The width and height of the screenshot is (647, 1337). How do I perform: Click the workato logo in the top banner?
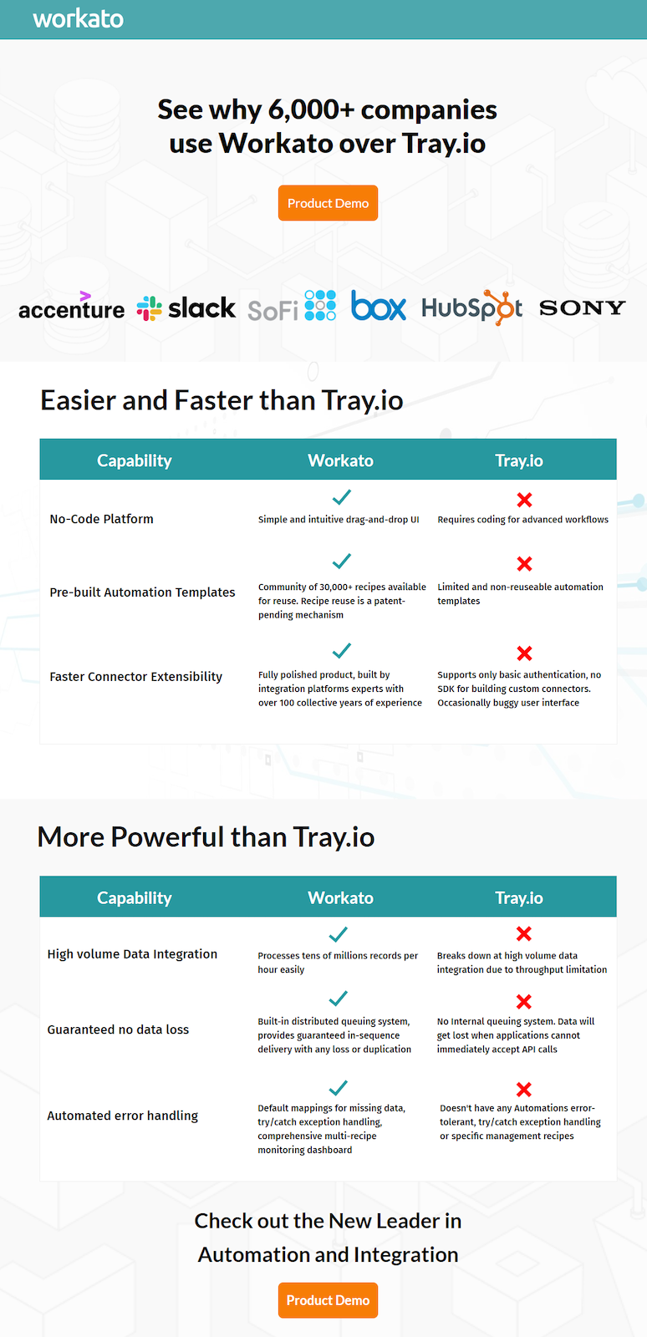tap(79, 19)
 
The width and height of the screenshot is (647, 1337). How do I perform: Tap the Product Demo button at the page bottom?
tap(328, 1300)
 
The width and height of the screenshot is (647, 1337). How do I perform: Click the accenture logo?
tap(72, 306)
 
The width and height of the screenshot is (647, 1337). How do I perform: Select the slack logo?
tap(186, 308)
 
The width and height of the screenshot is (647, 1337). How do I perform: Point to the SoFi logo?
tap(292, 306)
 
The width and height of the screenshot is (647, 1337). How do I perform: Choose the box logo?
tap(379, 305)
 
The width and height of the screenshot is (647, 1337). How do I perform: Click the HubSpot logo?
tap(471, 308)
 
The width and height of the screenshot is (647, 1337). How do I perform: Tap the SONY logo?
tap(582, 308)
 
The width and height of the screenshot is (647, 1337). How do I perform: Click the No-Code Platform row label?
tap(101, 519)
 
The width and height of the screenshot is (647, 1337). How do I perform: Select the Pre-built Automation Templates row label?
tap(142, 592)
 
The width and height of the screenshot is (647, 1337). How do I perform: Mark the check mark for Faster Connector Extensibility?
tap(341, 650)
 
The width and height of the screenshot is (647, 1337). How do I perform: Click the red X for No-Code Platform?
tap(524, 500)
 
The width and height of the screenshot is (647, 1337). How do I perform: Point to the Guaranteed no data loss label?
tap(118, 1029)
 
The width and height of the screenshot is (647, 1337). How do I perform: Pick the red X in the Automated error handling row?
tap(523, 1090)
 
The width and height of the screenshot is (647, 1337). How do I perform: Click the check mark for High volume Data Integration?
tap(338, 934)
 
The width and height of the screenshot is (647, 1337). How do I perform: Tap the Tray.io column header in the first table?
tap(518, 460)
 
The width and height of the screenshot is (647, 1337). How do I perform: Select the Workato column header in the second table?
tap(341, 897)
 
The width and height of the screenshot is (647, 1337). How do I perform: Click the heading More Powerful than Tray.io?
tap(206, 836)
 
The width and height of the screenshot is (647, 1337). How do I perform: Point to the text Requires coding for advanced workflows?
tap(522, 519)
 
